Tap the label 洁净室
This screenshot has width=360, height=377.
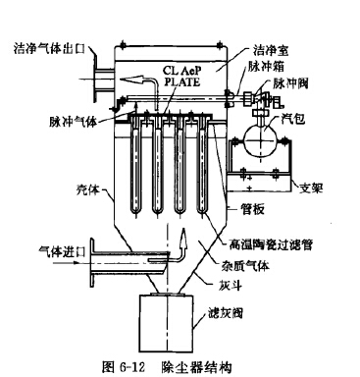[273, 48]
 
